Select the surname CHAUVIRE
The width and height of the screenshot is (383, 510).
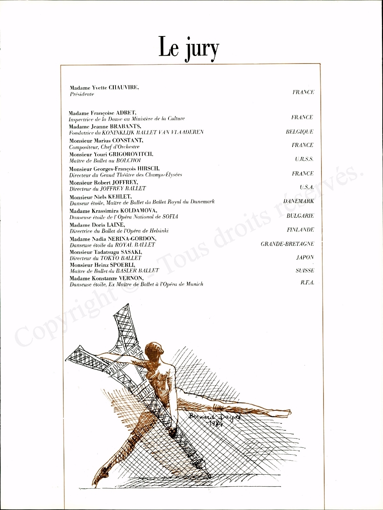tap(124, 88)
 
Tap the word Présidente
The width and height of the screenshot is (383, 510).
tap(82, 94)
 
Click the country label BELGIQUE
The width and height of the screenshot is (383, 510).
tap(299, 132)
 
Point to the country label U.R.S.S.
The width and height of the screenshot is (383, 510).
tap(304, 159)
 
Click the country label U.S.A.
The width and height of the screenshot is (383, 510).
tap(306, 187)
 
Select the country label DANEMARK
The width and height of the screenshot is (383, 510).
tap(298, 201)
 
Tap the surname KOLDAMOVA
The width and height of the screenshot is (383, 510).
tap(139, 211)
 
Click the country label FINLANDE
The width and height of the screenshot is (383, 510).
tap(300, 230)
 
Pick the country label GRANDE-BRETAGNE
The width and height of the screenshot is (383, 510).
tap(287, 244)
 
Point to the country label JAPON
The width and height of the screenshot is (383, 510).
tap(305, 257)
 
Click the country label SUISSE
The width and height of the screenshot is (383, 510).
tap(305, 270)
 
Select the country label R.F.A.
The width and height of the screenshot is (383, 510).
tap(307, 283)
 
